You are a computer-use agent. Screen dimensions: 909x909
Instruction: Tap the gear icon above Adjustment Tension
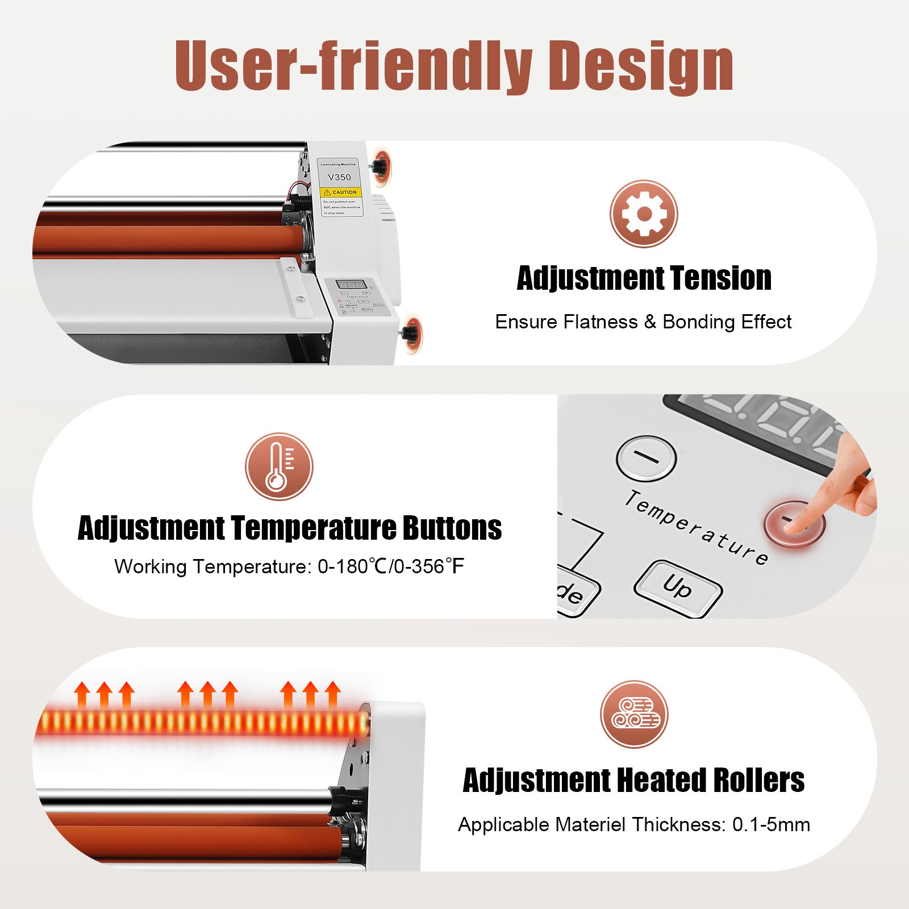coord(644,214)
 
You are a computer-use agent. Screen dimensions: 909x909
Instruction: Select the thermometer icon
coord(279,466)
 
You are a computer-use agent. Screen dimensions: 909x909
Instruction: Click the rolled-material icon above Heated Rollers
coord(634,714)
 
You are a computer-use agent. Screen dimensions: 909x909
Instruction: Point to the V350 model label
coord(339,177)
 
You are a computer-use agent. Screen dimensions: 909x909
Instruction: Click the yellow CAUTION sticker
coord(341,193)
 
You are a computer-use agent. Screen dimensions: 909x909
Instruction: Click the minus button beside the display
coord(646,457)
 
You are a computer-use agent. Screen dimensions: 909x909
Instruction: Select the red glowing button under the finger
coord(794,523)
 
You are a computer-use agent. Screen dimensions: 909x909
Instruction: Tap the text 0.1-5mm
coord(771,824)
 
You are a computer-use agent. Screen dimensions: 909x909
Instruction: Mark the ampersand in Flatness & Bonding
coord(650,322)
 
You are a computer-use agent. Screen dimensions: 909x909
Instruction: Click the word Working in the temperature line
coord(151,566)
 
